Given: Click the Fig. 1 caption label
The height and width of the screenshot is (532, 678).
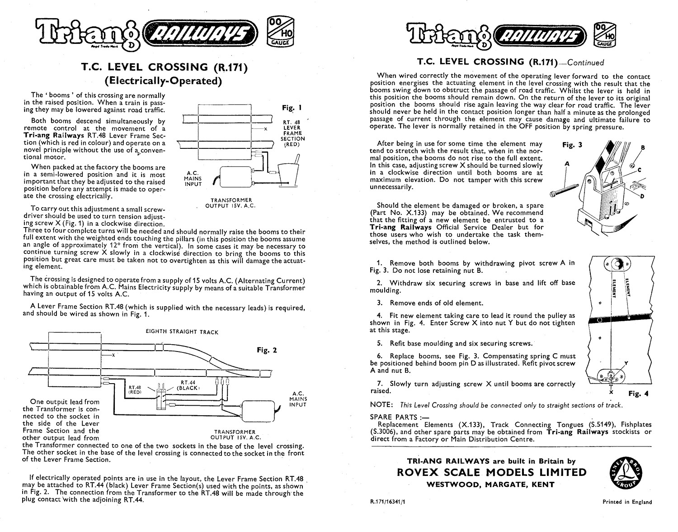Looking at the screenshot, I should pyautogui.click(x=292, y=108).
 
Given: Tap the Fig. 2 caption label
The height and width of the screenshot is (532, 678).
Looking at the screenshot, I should pyautogui.click(x=267, y=350).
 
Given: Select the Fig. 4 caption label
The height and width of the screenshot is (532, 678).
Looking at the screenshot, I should pyautogui.click(x=638, y=394).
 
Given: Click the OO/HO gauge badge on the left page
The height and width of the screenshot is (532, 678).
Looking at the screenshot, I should pyautogui.click(x=281, y=32).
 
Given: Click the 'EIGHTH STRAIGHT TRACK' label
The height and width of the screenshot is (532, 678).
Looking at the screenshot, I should pyautogui.click(x=182, y=332).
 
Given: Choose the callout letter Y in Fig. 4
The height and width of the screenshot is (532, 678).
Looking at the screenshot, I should pyautogui.click(x=626, y=363).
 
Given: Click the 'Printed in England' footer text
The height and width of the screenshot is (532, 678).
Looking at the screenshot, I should pyautogui.click(x=627, y=502).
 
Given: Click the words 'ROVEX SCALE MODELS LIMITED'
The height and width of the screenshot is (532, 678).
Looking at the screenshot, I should pyautogui.click(x=491, y=473).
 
